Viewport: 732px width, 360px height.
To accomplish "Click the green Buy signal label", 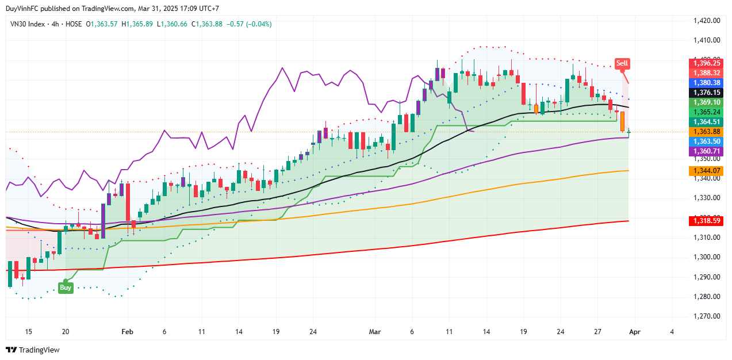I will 66,288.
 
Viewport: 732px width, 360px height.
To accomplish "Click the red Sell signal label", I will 622,63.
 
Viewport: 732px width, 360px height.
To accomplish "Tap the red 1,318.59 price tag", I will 707,220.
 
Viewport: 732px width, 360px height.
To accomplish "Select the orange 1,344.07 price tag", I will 707,171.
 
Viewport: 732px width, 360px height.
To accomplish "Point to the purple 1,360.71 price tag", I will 707,151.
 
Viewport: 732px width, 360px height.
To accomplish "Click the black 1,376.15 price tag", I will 707,93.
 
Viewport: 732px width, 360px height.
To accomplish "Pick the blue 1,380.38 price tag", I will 707,83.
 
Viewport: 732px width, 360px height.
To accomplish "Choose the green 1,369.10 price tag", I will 707,102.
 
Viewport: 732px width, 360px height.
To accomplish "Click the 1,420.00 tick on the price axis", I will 707,21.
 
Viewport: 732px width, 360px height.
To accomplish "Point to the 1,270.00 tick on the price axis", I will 707,316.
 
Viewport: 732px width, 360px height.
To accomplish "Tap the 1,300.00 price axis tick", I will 707,257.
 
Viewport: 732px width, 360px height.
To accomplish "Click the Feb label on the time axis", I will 128,332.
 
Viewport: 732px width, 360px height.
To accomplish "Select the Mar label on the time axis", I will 375,332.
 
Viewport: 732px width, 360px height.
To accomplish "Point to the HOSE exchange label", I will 73,24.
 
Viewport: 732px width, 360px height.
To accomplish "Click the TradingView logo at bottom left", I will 33,350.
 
